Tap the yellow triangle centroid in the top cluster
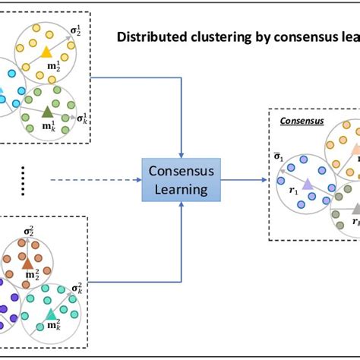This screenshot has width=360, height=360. pyautogui.click(x=46, y=52)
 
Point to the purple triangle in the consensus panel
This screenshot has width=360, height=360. pyautogui.click(x=307, y=185)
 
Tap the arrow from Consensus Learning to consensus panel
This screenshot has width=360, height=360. pyautogui.click(x=246, y=180)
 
